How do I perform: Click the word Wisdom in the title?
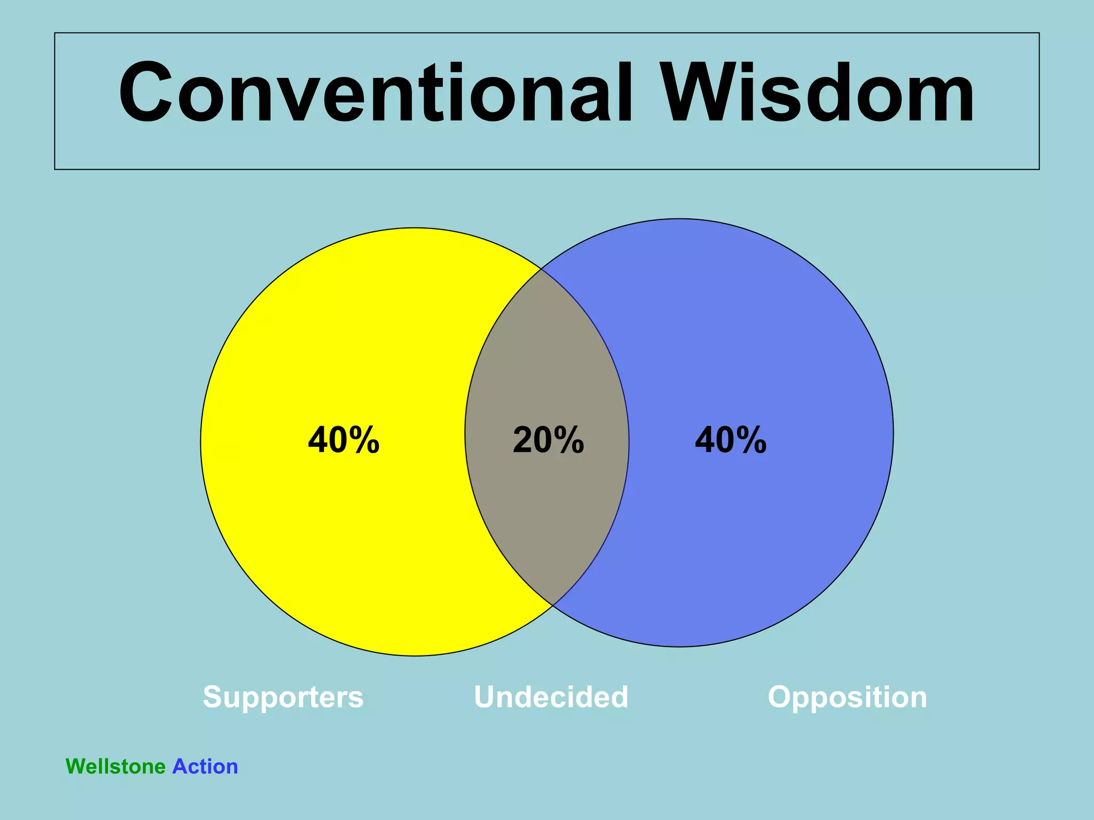pyautogui.click(x=817, y=93)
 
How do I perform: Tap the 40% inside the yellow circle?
pyautogui.click(x=343, y=440)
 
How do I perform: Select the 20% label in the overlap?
pyautogui.click(x=548, y=440)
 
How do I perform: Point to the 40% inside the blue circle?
pyautogui.click(x=730, y=440)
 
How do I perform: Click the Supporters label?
pyautogui.click(x=283, y=697)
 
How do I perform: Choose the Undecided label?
pyautogui.click(x=551, y=697)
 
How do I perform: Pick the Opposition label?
pyautogui.click(x=847, y=697)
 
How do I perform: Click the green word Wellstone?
pyautogui.click(x=115, y=767)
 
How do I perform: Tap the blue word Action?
pyautogui.click(x=205, y=767)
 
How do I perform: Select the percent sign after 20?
pyautogui.click(x=568, y=440)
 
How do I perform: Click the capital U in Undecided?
pyautogui.click(x=486, y=697)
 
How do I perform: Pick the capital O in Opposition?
pyautogui.click(x=781, y=697)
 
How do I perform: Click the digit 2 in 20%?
pyautogui.click(x=522, y=440)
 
